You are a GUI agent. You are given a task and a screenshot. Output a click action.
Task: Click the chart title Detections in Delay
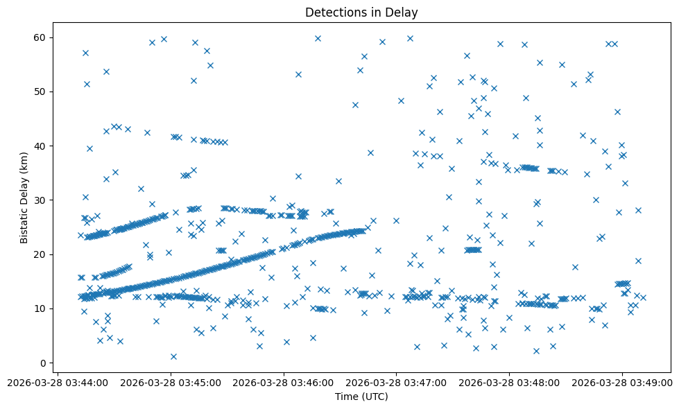click(361, 12)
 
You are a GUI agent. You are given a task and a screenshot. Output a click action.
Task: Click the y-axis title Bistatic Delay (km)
click(24, 197)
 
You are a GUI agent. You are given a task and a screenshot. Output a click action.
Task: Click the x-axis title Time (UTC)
click(361, 397)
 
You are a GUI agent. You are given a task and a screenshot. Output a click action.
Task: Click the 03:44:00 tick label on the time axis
click(58, 382)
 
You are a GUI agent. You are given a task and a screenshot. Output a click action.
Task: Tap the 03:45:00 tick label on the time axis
click(171, 382)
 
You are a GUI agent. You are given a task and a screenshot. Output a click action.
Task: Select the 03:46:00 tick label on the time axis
click(284, 382)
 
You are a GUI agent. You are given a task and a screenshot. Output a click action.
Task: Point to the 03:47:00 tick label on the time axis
click(397, 382)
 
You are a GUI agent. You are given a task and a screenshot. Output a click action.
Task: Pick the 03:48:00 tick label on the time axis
click(510, 382)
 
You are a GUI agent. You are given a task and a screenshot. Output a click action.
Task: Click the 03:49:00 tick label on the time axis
click(622, 382)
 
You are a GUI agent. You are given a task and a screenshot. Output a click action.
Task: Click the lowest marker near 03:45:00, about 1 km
click(173, 356)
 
